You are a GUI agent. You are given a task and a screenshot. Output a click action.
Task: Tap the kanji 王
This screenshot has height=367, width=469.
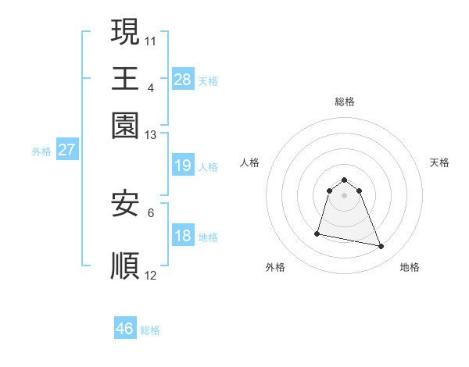point(126,79)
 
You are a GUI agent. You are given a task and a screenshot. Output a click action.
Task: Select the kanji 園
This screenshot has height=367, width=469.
point(126,126)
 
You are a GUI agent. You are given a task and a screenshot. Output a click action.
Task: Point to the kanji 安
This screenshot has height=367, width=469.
point(126,204)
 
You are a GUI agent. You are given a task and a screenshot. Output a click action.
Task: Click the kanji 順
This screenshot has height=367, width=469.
point(126,265)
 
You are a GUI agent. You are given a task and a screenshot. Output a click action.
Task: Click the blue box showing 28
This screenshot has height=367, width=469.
point(183,79)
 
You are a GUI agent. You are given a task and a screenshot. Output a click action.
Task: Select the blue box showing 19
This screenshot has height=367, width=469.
point(183,166)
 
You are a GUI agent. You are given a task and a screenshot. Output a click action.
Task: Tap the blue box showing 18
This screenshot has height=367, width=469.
point(183,236)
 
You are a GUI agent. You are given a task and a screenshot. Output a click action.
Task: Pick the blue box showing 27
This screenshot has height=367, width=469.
point(66,150)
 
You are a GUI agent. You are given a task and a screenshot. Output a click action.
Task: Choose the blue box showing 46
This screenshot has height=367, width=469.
point(125,329)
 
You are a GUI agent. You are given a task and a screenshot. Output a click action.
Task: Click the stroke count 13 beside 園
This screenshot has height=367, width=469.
point(151,135)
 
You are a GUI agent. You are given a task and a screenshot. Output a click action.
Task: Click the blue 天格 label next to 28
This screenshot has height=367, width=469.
point(208,80)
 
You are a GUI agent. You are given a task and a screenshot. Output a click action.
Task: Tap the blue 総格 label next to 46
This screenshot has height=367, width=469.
point(150,330)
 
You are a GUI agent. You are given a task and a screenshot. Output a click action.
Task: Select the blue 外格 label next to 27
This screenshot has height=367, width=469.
point(41,151)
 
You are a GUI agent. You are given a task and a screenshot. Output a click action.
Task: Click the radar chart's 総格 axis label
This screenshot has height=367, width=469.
point(344,102)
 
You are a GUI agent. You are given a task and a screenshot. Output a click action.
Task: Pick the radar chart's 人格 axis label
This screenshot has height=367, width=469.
point(250,162)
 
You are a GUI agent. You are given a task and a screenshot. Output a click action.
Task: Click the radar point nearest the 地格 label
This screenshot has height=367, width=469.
point(381,247)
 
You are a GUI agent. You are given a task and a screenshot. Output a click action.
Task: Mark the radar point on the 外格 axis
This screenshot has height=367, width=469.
point(317,233)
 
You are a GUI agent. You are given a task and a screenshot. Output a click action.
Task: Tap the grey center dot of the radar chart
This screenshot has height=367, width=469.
point(344,195)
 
